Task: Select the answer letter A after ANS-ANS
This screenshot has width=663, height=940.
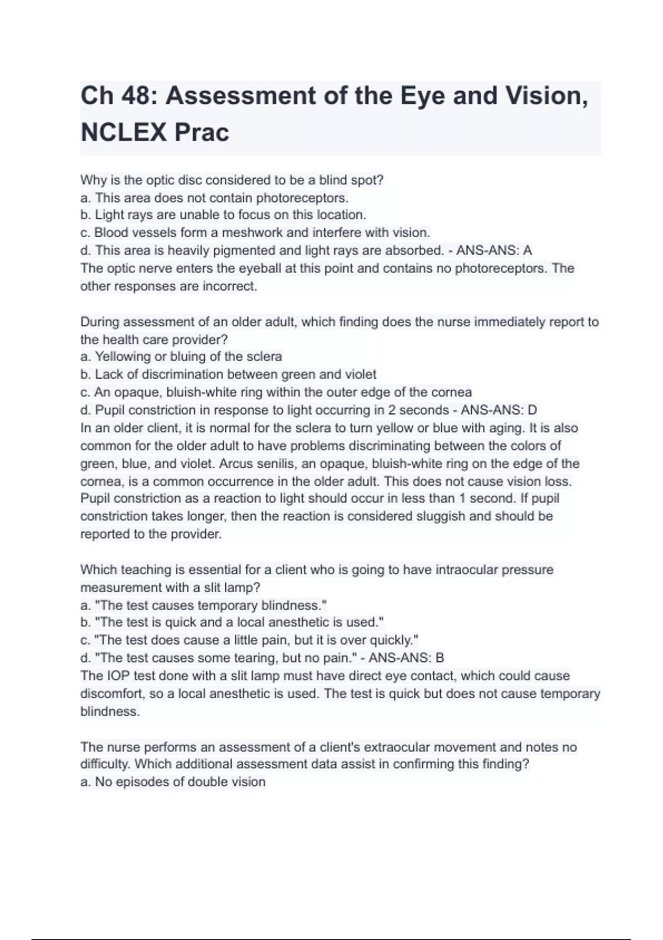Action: pos(528,251)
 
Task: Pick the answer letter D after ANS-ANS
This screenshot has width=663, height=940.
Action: pos(533,410)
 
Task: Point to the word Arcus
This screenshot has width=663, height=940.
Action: pos(236,463)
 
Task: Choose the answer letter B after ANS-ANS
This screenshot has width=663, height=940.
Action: pos(440,658)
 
